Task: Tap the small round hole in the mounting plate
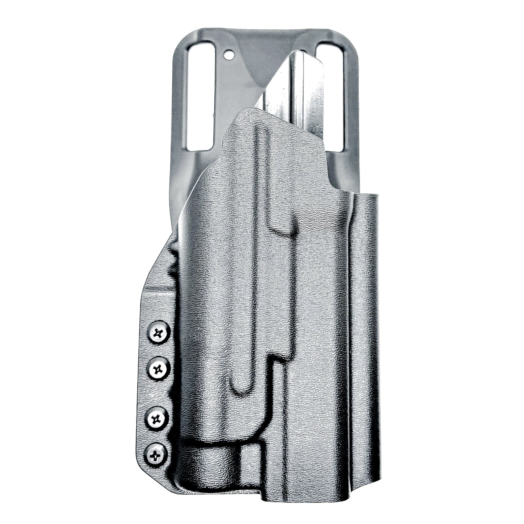229,55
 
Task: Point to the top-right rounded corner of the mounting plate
342,35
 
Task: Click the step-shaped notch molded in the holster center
274,361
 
